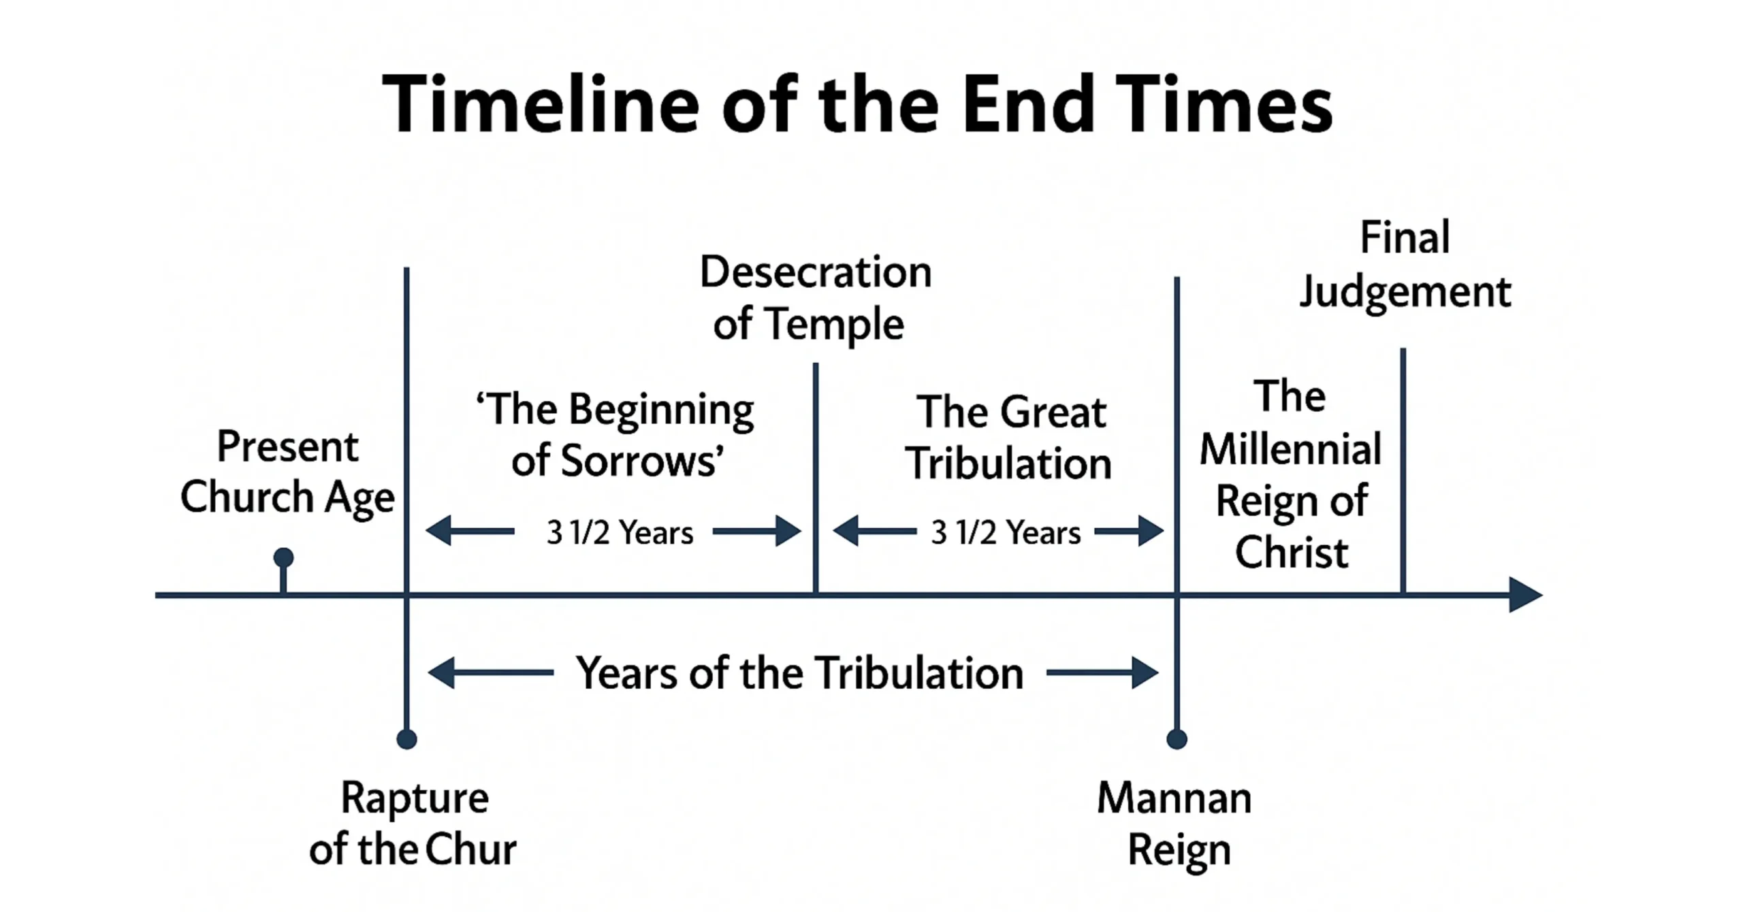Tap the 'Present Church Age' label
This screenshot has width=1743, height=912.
(x=287, y=472)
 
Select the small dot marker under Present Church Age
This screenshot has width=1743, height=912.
(x=283, y=558)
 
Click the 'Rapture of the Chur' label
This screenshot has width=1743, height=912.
(x=413, y=824)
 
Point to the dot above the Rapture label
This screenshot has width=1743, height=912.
(x=406, y=739)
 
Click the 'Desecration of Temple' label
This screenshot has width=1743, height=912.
(x=814, y=297)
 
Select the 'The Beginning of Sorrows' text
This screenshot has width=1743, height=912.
(x=616, y=435)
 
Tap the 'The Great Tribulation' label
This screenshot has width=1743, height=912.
(x=1009, y=438)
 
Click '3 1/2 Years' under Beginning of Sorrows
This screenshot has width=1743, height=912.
(x=620, y=532)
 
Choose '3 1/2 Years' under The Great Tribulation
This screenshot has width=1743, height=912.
(x=1006, y=532)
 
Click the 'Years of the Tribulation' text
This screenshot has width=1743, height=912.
(x=799, y=673)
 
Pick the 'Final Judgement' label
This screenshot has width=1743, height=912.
(x=1405, y=265)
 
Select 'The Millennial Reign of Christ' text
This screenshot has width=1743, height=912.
(x=1291, y=474)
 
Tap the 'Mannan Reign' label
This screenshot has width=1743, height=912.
(x=1176, y=824)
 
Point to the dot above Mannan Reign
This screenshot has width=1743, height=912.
(x=1177, y=739)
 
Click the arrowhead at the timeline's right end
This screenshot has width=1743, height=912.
(x=1525, y=595)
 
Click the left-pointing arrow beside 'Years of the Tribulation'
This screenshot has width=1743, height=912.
(x=490, y=673)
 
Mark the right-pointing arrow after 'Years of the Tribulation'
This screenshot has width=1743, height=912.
(x=1103, y=673)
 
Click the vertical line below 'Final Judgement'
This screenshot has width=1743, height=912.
(x=1403, y=470)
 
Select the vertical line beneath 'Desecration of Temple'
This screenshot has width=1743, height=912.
(x=816, y=476)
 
